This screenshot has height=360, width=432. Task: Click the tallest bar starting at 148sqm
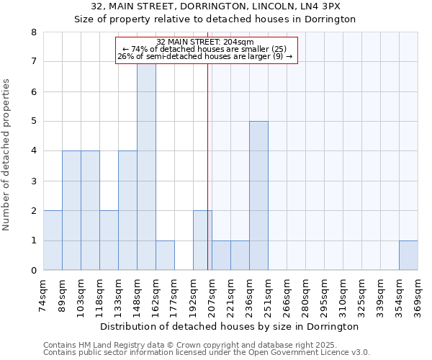pyautogui.click(x=146, y=167)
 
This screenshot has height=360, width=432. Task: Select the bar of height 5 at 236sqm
pyautogui.click(x=258, y=196)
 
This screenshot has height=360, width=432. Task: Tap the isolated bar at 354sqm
pyautogui.click(x=408, y=256)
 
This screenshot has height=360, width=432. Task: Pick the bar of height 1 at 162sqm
pyautogui.click(x=165, y=256)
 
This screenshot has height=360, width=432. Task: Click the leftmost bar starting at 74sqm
pyautogui.click(x=53, y=240)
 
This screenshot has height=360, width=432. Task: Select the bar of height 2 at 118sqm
pyautogui.click(x=109, y=240)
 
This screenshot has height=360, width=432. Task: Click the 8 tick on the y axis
pyautogui.click(x=33, y=32)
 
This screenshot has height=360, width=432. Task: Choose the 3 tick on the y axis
pyautogui.click(x=33, y=181)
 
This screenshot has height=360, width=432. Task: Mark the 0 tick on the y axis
pyautogui.click(x=33, y=271)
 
